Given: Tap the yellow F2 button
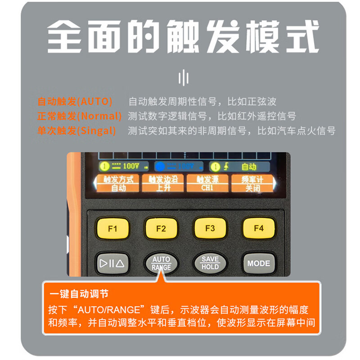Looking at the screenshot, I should tap(161, 228).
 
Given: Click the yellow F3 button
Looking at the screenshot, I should tap(210, 228).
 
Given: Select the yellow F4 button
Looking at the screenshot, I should tap(258, 228).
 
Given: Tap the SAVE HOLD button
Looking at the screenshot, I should tap(210, 263).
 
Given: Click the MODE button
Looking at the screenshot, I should tap(258, 263).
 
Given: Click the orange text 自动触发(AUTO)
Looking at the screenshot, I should tap(75, 101).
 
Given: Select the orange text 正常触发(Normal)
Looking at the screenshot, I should tap(79, 116).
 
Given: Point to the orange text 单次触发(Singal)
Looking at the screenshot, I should tap(76, 131).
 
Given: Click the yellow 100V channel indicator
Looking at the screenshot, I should tap(124, 166).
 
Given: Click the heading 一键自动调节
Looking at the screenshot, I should tap(79, 294).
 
